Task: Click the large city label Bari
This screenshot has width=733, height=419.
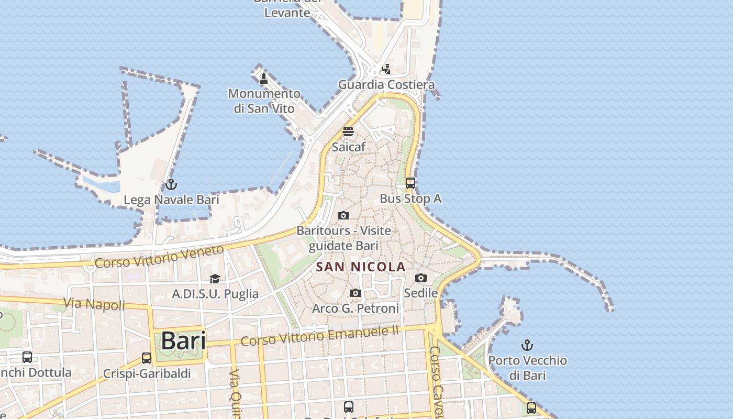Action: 183,341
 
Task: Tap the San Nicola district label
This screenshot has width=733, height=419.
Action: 361,267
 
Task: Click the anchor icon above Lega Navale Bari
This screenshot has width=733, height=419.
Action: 171,184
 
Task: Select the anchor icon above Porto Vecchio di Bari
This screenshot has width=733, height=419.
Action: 527,345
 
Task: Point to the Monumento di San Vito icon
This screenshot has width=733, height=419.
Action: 264,79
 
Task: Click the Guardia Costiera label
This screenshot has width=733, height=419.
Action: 386,84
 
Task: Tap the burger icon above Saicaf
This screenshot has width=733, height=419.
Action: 348,131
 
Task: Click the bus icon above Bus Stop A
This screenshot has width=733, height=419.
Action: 410,183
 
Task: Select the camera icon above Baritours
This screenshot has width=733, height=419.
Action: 343,215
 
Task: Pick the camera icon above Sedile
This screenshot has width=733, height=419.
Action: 421,278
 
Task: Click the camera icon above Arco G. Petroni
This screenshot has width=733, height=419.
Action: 356,293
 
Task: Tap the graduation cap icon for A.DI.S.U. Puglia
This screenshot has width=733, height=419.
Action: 215,279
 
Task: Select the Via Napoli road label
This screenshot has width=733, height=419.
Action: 94,304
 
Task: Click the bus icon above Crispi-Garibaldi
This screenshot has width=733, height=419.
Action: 147,358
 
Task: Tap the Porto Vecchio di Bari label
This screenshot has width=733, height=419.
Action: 527,368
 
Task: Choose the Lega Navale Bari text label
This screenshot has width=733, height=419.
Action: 171,200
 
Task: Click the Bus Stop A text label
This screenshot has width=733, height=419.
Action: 410,199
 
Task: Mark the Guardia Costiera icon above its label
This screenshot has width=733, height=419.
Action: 386,69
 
